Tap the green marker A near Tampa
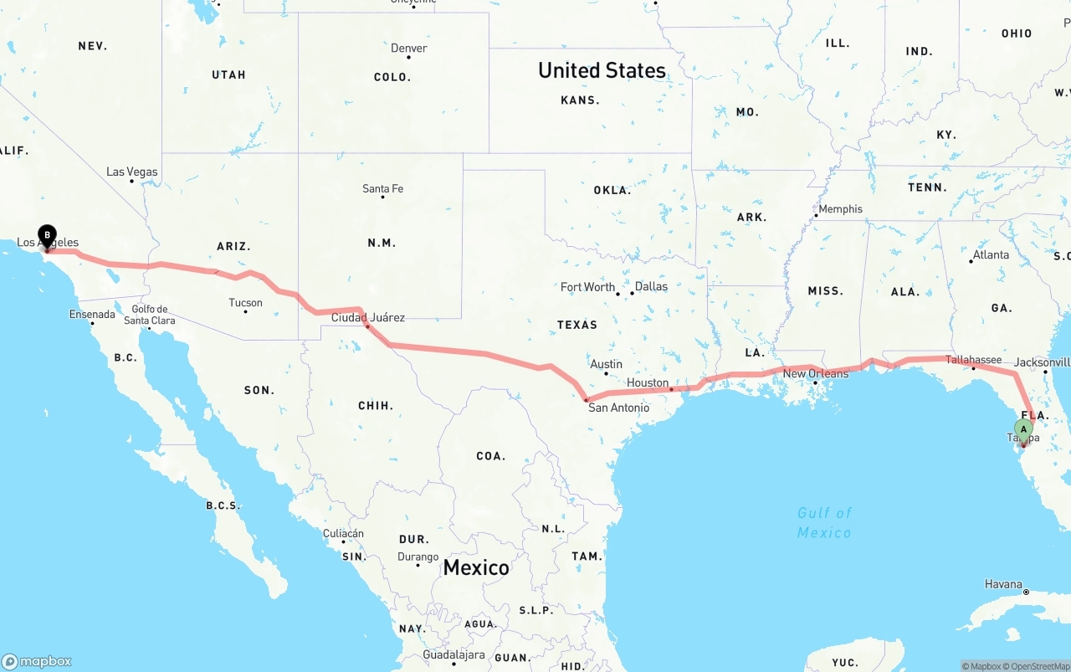(1023, 430)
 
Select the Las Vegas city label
(132, 172)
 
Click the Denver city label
(409, 49)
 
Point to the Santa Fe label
(382, 188)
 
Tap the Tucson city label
(245, 303)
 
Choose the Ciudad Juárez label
(368, 317)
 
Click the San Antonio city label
(618, 408)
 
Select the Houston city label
(648, 382)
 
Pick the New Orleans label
(816, 373)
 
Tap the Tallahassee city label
(973, 360)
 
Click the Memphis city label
(840, 209)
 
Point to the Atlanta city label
(991, 254)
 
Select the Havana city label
(1003, 583)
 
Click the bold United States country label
(602, 70)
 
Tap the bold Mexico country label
(476, 567)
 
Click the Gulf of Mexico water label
(824, 523)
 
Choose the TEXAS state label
(577, 325)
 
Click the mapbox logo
(37, 661)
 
